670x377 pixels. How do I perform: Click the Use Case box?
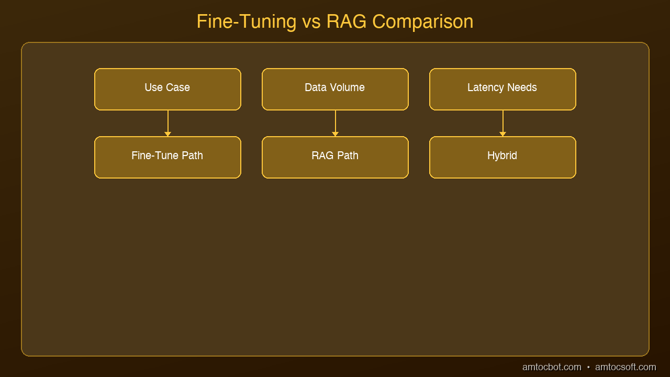(x=167, y=89)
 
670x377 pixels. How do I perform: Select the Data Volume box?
(x=335, y=89)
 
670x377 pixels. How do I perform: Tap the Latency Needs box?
(x=502, y=89)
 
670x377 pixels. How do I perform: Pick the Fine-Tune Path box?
(x=167, y=157)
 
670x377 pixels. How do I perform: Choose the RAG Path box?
(x=335, y=157)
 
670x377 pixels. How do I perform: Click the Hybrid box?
(x=502, y=157)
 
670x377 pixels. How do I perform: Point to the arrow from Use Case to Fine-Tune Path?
(x=168, y=123)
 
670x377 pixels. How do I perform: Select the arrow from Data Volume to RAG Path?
(x=336, y=123)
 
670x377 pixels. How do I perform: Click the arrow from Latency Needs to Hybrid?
(x=503, y=123)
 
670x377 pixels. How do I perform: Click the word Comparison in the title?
(x=422, y=22)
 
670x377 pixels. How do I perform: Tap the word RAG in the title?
(x=347, y=21)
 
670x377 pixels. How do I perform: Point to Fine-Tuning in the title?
(x=247, y=22)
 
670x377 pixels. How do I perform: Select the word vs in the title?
(x=311, y=23)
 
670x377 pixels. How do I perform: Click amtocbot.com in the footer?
(x=552, y=367)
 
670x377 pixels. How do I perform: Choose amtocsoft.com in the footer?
(x=626, y=367)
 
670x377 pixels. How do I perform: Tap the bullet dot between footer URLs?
(x=588, y=367)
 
